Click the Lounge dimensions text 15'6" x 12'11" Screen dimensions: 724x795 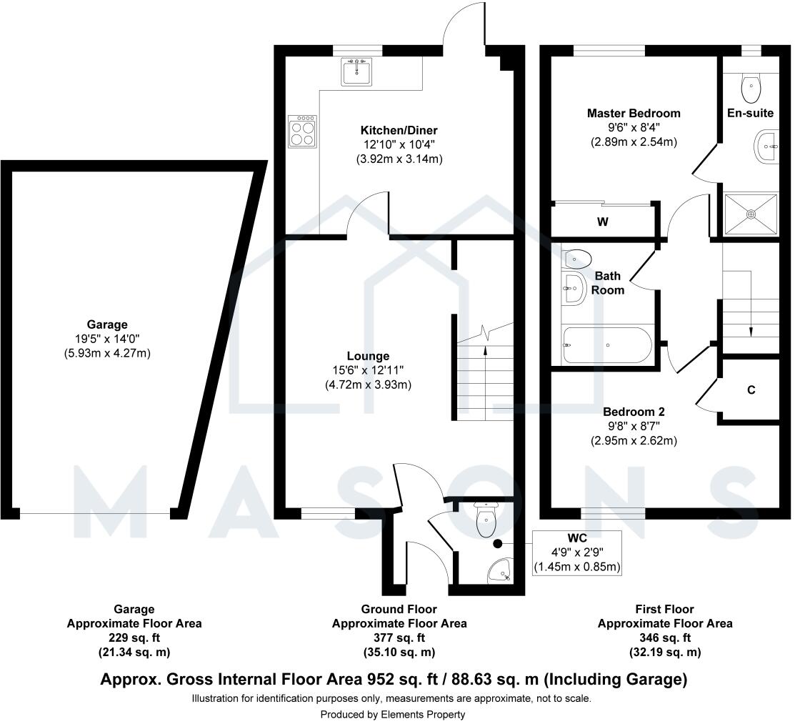coord(369,370)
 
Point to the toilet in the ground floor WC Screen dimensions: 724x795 coord(486,520)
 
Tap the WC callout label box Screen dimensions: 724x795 coord(577,552)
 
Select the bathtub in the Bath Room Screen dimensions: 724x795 coord(606,345)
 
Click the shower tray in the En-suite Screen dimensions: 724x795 coord(751,213)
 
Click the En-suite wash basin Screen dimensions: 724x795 coord(766,147)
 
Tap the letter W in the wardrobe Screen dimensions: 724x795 coord(603,222)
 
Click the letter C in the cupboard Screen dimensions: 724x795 coord(751,390)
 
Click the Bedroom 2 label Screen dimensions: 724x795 coord(634,412)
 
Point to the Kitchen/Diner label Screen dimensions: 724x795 coord(399,131)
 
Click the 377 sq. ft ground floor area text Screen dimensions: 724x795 coord(399,638)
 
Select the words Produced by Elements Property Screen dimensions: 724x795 coord(392,714)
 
